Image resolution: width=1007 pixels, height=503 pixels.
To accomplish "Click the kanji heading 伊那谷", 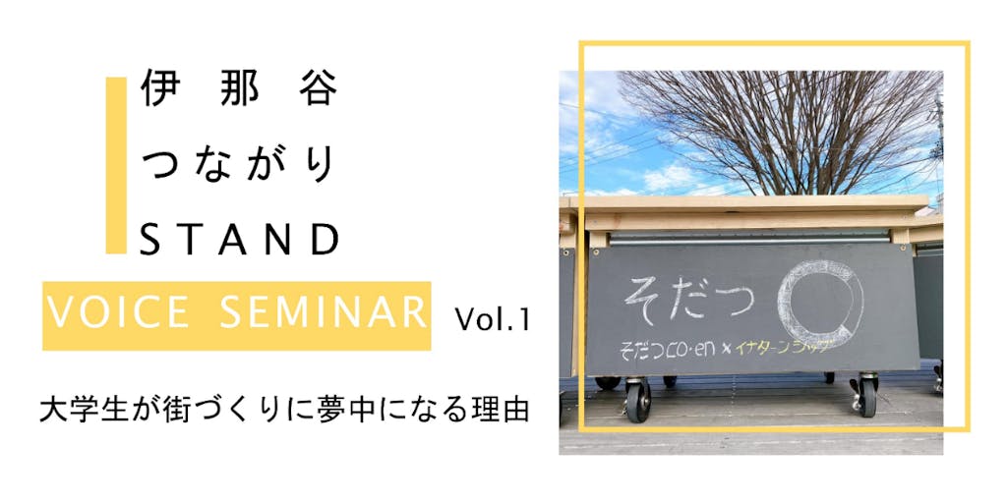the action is (x=239, y=86).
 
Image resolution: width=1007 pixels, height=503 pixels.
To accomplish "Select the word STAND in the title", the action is (x=239, y=239).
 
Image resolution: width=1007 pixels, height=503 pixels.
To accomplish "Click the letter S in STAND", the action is (x=151, y=239).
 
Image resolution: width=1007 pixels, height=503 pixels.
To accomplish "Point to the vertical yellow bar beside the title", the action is (x=116, y=165).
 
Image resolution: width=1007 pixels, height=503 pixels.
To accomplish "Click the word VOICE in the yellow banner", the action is (x=118, y=313).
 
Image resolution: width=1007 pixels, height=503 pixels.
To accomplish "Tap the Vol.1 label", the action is (x=493, y=319).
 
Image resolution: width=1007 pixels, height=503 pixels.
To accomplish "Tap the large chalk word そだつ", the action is (x=687, y=297).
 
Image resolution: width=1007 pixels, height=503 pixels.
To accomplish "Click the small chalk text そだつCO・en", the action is (x=671, y=351).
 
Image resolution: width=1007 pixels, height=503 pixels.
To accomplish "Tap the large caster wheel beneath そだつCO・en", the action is (x=636, y=399).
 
